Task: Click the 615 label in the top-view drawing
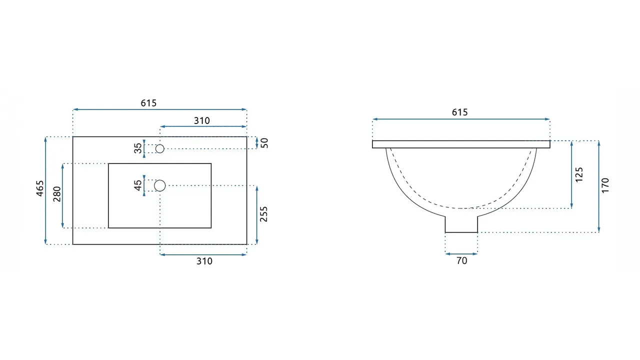(148, 103)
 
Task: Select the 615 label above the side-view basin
(460, 112)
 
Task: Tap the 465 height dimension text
(40, 188)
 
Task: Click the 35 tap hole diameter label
(137, 148)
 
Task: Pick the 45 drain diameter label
(137, 185)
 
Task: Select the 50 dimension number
(264, 142)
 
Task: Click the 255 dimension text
(264, 214)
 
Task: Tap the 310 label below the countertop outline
(204, 261)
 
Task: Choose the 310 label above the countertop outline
(202, 120)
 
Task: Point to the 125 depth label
(579, 174)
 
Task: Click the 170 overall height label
(605, 185)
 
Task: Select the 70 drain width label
(461, 260)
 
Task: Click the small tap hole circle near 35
(160, 148)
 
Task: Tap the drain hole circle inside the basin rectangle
(160, 185)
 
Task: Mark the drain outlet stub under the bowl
(461, 225)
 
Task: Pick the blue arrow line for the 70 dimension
(461, 253)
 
